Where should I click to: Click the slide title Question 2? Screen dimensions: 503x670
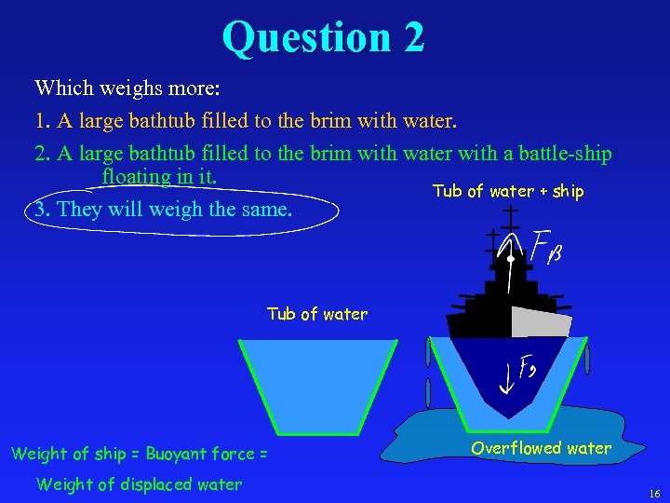tap(323, 37)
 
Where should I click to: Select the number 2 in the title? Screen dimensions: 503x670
tap(413, 37)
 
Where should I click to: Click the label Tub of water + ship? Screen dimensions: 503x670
tap(508, 191)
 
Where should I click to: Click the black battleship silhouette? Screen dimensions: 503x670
tap(484, 307)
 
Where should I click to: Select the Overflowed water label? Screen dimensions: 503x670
tap(541, 448)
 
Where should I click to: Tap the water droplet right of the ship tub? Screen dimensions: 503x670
tap(588, 360)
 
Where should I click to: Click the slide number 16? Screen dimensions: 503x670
tap(654, 493)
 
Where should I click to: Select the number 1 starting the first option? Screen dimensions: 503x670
tap(40, 121)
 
